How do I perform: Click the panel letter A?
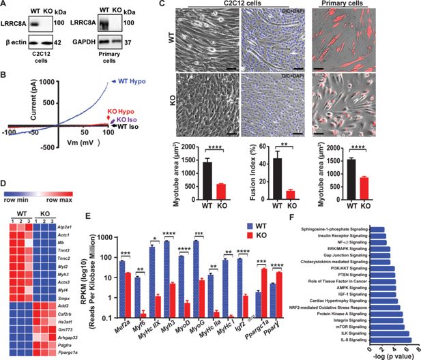click(7, 5)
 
